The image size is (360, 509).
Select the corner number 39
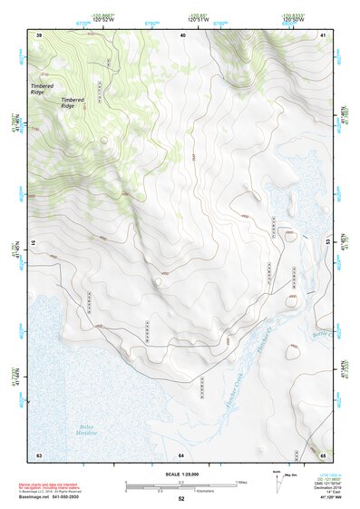[x=39, y=34]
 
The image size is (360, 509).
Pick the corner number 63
[x=39, y=455]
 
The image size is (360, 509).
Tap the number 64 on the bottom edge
[x=180, y=455]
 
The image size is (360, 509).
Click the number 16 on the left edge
[x=36, y=243]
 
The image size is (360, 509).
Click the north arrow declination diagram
[x=277, y=482]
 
